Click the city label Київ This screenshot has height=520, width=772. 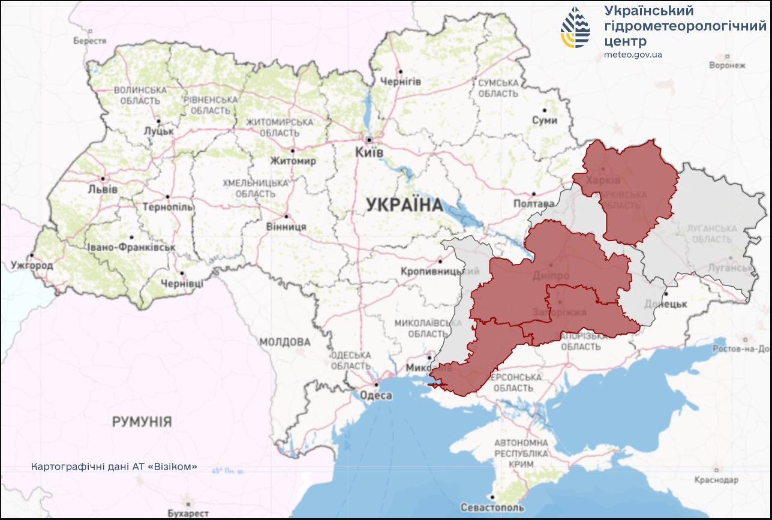point(369,152)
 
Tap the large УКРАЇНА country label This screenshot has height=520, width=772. point(404,205)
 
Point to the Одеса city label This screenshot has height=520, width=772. point(376,395)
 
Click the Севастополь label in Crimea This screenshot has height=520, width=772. point(492,507)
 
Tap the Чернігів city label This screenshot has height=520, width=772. point(400,82)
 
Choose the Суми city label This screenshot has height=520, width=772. point(544,121)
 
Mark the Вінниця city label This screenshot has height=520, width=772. point(286,227)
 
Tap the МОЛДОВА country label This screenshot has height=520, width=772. point(285,342)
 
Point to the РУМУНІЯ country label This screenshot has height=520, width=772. point(142,422)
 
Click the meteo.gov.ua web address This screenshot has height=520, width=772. point(633,55)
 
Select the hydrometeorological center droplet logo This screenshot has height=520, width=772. point(575,28)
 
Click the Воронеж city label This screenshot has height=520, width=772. point(727,65)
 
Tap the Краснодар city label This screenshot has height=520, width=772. point(716,480)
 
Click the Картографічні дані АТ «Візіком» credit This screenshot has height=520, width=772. point(114,466)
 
